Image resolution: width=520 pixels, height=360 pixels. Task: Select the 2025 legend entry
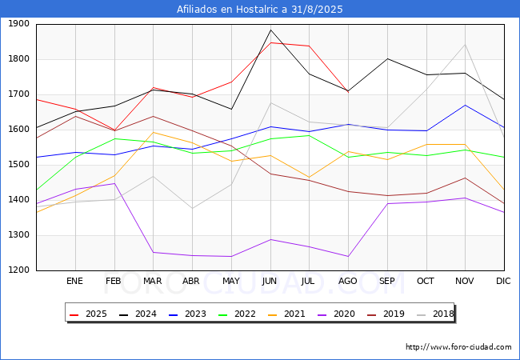point(88,314)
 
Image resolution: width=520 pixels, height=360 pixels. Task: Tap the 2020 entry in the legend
point(336,314)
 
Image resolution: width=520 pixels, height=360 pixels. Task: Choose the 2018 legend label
point(435,314)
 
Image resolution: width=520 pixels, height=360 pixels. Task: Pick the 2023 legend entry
point(187,314)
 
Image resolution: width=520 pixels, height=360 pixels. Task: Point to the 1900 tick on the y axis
point(18,24)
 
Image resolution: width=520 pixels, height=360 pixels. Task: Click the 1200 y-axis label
point(18,270)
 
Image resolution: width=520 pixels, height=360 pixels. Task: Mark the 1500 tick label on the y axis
point(18,165)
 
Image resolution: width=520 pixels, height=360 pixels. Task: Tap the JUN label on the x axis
point(270,281)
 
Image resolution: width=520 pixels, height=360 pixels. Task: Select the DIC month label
point(503,281)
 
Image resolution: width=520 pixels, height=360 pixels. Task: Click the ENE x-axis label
point(74,281)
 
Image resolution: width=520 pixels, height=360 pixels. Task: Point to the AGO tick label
point(347,281)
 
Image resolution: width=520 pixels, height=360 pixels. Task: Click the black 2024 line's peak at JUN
point(270,30)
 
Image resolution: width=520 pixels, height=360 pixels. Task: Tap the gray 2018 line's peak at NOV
point(466,45)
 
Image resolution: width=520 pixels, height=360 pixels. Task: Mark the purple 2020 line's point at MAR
point(154,252)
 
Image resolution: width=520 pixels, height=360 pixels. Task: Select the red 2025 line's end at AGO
point(348,91)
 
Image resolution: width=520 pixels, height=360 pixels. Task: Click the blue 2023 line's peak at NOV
point(466,105)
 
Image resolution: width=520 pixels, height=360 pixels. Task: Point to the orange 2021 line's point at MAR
point(154,132)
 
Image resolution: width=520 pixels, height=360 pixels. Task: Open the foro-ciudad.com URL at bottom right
point(458,347)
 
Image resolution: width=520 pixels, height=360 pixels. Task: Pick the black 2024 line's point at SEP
point(387,58)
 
